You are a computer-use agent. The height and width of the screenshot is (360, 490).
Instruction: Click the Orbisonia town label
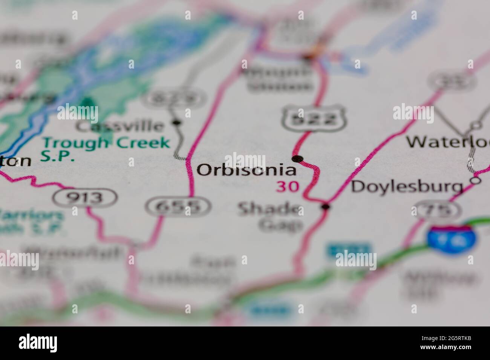pyautogui.click(x=246, y=170)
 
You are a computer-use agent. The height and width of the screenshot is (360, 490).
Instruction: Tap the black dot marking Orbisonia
pyautogui.click(x=298, y=159)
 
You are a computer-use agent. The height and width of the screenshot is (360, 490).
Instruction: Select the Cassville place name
pyautogui.click(x=119, y=126)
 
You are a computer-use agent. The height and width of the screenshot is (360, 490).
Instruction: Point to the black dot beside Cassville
pyautogui.click(x=176, y=122)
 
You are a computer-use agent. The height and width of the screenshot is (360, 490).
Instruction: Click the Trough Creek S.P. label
pyautogui.click(x=106, y=148)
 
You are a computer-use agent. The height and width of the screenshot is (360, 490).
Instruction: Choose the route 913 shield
pyautogui.click(x=85, y=197)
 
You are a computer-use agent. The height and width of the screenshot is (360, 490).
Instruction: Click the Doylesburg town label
pyautogui.click(x=407, y=187)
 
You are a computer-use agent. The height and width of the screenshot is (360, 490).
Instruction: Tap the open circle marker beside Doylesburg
pyautogui.click(x=476, y=181)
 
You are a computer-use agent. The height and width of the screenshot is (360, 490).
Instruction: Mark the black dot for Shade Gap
pyautogui.click(x=326, y=206)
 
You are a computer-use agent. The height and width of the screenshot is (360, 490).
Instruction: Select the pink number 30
pyautogui.click(x=288, y=186)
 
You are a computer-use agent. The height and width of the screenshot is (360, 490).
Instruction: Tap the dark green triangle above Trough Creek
pyautogui.click(x=87, y=102)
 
